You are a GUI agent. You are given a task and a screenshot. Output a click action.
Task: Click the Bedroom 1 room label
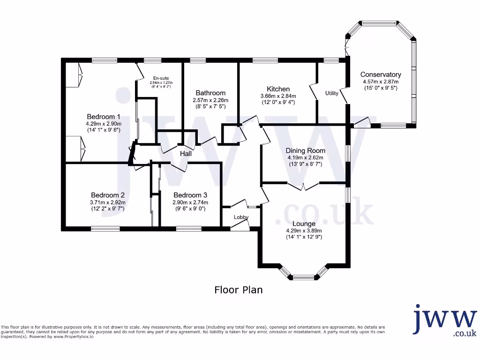coord(104,117)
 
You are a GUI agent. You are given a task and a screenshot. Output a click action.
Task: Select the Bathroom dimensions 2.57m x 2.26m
coord(210,100)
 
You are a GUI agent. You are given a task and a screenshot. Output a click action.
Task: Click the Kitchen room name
coord(278,89)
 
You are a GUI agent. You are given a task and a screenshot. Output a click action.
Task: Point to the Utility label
coord(332,93)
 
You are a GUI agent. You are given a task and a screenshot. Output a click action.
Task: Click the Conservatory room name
coord(381,75)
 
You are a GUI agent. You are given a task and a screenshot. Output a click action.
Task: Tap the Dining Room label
coord(306,151)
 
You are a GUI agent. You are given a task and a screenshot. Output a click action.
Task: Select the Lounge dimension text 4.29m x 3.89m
coord(304,231)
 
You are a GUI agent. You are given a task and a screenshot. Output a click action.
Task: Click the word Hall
coord(186,153)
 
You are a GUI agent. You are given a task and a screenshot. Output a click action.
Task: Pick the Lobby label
coord(241,217)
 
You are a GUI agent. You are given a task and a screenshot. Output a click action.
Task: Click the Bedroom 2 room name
coord(108,195)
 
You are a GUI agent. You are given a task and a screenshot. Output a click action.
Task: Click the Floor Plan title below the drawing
coord(239,290)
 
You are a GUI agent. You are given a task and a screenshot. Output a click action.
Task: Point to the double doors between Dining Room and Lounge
coord(303,186)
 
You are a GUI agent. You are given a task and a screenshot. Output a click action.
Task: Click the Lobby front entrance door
coord(240,225)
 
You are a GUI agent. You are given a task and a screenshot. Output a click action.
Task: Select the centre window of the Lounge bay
coord(304,277)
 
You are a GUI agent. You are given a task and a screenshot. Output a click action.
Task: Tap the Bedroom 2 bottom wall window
coord(105,229)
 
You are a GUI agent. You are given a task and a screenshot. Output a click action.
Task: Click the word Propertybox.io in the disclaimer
coord(77,337)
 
